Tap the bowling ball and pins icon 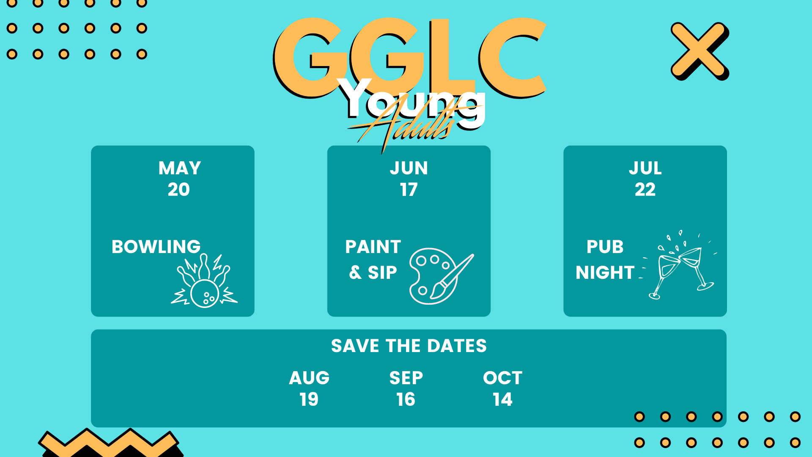204,281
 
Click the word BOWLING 156,247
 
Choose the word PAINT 373,247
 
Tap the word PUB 605,247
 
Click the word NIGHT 605,273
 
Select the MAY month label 180,168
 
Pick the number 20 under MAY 179,190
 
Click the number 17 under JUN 409,190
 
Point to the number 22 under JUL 645,190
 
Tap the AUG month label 309,378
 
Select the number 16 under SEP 406,399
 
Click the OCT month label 503,378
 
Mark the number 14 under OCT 503,399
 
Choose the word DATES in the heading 457,346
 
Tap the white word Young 412,102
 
